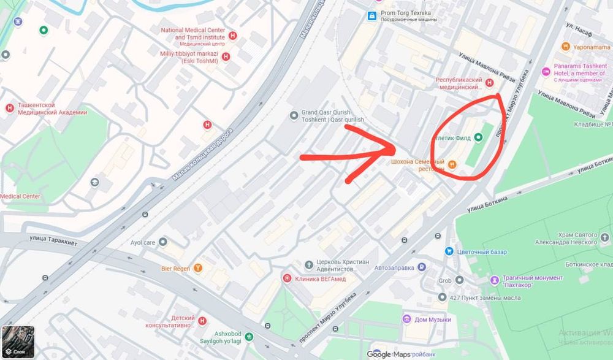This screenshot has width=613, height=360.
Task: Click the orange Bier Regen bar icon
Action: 198,268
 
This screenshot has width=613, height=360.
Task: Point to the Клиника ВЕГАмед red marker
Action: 287,278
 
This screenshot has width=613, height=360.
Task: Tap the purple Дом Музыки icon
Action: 406,320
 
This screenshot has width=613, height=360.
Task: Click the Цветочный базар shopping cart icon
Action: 449,251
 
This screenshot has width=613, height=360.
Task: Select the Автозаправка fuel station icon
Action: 422,267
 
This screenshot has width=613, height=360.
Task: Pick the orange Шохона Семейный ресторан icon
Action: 452,164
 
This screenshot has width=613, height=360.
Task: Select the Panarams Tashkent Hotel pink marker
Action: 546,72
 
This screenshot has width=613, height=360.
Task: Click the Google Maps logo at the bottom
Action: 389,354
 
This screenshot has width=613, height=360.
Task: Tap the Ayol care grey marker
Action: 162,242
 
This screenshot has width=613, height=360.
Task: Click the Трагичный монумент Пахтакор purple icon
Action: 494,281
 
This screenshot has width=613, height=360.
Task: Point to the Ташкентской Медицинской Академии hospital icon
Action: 10,108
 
